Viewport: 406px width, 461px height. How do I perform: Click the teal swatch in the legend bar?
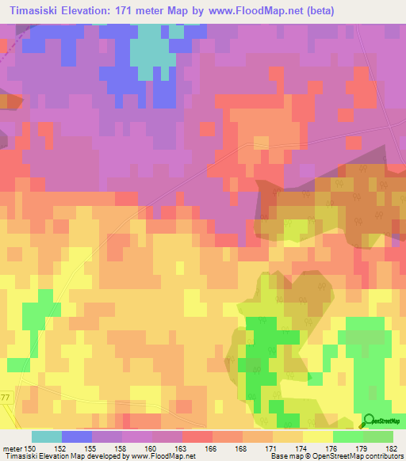(x=46, y=436)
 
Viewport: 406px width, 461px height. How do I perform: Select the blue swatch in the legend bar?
(x=76, y=436)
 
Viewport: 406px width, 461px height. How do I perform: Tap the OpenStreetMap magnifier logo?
(x=370, y=420)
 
